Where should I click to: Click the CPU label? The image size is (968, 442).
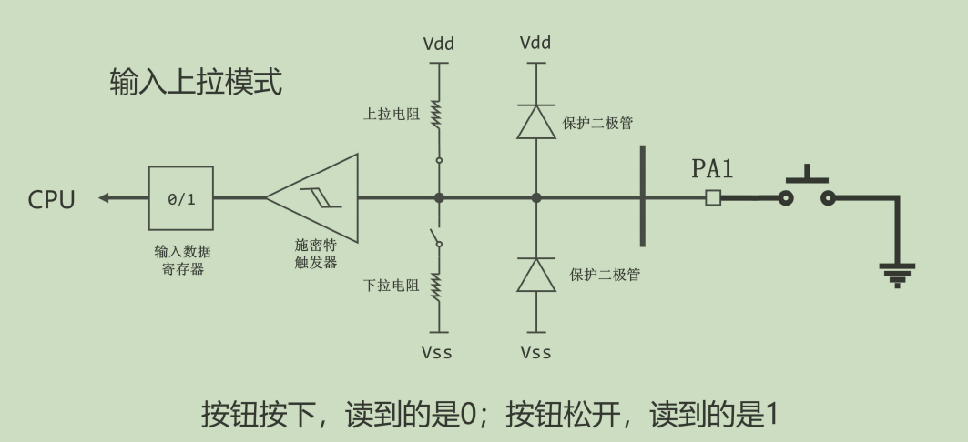click(52, 199)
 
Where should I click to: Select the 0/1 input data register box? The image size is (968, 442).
click(181, 198)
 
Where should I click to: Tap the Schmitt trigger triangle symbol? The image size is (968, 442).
click(314, 198)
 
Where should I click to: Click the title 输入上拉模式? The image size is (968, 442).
click(196, 83)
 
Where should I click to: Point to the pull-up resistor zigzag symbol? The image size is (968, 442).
click(439, 115)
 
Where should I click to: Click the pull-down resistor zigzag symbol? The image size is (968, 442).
click(439, 286)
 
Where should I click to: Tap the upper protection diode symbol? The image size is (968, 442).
click(535, 121)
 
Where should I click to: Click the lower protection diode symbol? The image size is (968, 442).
click(535, 275)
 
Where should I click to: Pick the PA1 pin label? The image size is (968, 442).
click(712, 169)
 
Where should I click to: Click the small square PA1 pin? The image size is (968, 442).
click(713, 197)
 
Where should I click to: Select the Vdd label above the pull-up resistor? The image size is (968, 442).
click(439, 44)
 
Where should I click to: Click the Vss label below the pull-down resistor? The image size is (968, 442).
click(439, 352)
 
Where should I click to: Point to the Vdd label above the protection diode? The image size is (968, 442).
click(535, 44)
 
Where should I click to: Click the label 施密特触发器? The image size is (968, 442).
click(315, 254)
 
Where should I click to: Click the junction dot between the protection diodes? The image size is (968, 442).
click(535, 197)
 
